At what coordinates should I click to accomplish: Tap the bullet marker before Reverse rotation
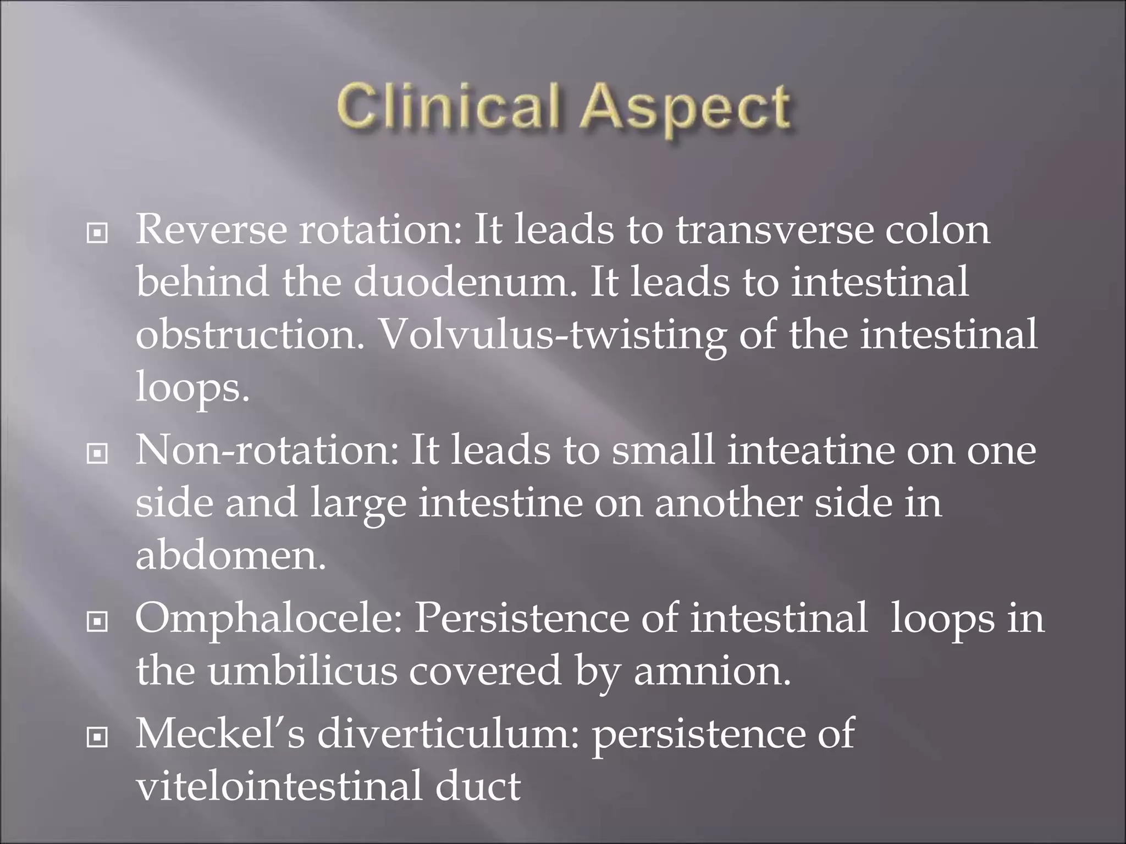tap(97, 234)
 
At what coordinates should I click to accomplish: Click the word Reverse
tap(211, 229)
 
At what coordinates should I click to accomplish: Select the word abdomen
tap(231, 556)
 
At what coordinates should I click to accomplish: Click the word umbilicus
tap(302, 671)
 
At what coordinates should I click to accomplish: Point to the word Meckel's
tap(220, 734)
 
